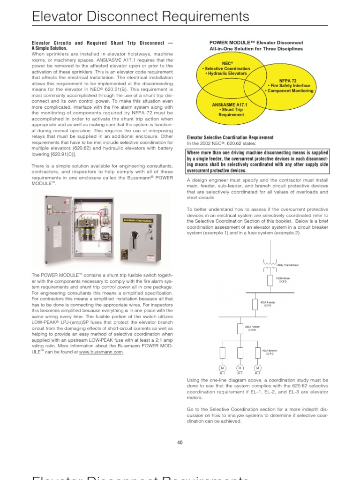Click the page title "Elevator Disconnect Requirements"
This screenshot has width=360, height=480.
tap(140, 17)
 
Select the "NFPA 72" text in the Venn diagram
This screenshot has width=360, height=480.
tap(291, 80)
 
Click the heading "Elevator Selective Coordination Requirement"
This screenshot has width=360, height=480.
tap(230, 138)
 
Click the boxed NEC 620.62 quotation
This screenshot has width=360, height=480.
tap(257, 161)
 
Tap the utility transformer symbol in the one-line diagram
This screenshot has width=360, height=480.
tap(270, 265)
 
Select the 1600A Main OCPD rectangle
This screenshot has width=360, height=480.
tap(270, 280)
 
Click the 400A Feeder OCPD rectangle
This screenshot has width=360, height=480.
tap(255, 304)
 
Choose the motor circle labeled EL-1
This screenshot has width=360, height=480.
tap(223, 367)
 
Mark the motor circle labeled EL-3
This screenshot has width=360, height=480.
tap(257, 367)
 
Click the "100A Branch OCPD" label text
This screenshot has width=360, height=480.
tap(269, 352)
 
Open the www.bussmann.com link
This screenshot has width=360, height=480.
tap(101, 352)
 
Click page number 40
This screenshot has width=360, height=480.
tap(180, 442)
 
